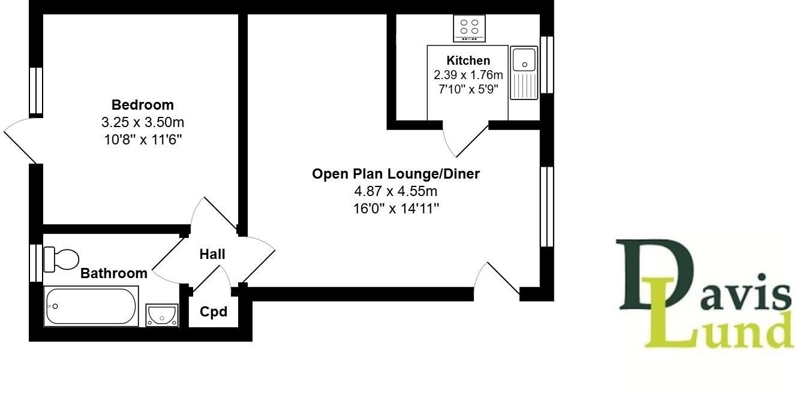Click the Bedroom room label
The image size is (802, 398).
point(142,105)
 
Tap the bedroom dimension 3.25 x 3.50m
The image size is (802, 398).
point(142,123)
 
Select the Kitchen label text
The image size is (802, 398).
point(468,61)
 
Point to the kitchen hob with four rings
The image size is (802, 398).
point(469,27)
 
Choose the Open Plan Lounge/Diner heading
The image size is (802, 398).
point(396,174)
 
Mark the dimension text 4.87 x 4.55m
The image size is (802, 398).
point(396,191)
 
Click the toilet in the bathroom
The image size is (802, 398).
point(62,259)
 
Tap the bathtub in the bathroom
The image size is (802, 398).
point(91,306)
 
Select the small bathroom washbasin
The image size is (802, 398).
point(162,314)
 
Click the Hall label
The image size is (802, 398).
point(212,254)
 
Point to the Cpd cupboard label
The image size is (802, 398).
point(214,312)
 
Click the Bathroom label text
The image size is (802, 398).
point(114,273)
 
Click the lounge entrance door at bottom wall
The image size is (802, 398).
point(497,279)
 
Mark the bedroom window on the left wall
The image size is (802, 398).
point(36,91)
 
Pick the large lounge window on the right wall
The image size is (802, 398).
point(546,207)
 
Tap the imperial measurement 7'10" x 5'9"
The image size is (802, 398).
point(468,90)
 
